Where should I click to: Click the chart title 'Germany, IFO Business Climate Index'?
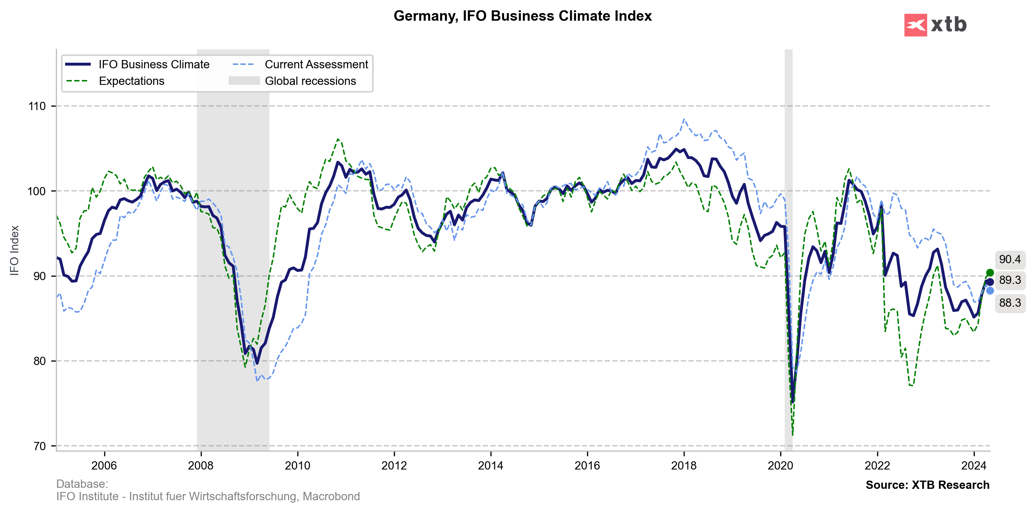[x=523, y=16]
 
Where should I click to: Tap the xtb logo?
[x=935, y=25]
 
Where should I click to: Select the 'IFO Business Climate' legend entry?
[x=154, y=65]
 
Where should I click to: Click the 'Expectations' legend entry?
[x=131, y=81]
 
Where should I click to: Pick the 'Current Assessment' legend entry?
[x=316, y=65]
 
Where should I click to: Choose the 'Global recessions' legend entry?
[x=310, y=81]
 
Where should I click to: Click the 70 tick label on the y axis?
[x=39, y=446]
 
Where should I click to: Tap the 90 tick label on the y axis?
[x=39, y=276]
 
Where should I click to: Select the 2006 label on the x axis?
[x=104, y=466]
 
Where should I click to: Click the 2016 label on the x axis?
[x=587, y=466]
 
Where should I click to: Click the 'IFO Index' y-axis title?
[x=14, y=250]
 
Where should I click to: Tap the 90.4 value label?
[x=1010, y=259]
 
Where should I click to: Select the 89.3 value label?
[x=1010, y=280]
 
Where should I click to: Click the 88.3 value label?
[x=1010, y=303]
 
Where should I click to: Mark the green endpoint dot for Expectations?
[x=990, y=273]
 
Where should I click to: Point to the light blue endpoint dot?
[x=990, y=290]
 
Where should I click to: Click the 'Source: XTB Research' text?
[x=927, y=485]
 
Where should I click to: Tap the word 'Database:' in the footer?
[x=82, y=484]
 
